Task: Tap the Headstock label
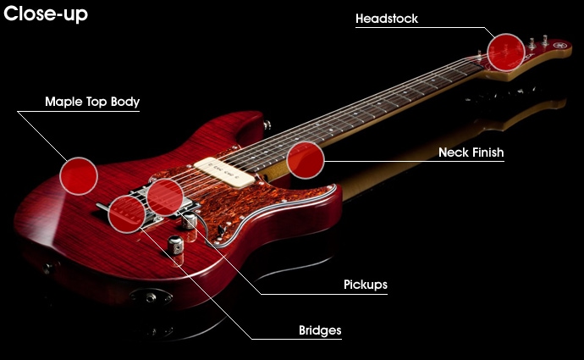tap(387, 18)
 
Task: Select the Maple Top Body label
tap(92, 102)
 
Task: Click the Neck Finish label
tap(471, 152)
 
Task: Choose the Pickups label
tap(366, 285)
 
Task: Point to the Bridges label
tap(320, 330)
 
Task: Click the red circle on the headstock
tap(506, 52)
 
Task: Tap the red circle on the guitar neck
tap(306, 159)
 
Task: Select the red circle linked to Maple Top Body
tap(79, 175)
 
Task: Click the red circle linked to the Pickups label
tap(164, 197)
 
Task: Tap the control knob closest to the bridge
tap(190, 221)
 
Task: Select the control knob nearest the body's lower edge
tap(176, 246)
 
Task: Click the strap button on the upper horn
tap(268, 125)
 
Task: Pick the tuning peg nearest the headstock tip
tap(537, 38)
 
